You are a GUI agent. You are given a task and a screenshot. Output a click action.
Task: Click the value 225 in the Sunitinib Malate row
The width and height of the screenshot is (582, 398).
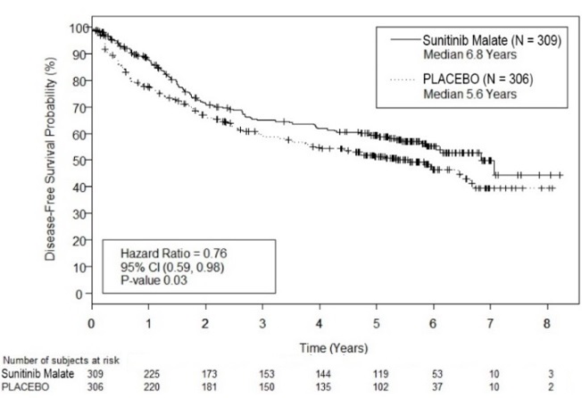point(148,375)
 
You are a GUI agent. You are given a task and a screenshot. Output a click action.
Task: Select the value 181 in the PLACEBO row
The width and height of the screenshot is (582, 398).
point(205,388)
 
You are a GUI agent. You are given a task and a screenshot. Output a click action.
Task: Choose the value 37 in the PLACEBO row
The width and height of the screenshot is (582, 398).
point(434,388)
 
